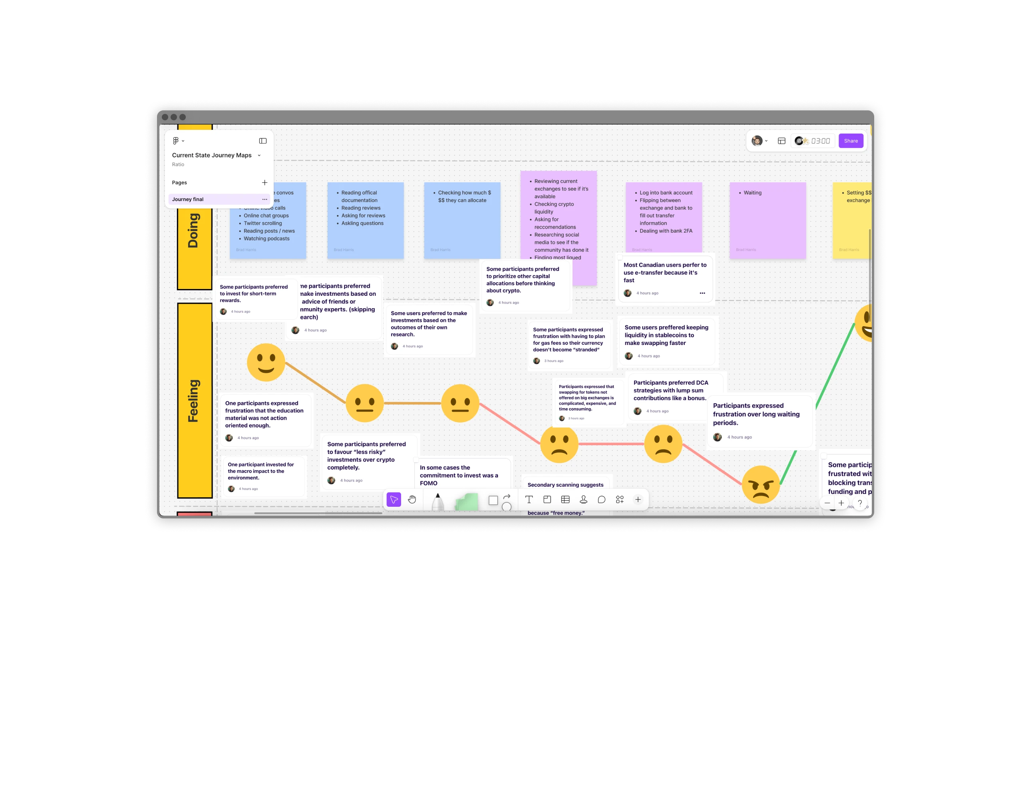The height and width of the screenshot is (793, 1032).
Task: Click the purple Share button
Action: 850,141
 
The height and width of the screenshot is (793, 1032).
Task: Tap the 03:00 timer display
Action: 820,141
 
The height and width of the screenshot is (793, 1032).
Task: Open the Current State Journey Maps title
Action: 211,155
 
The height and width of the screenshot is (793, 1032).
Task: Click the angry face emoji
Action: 760,484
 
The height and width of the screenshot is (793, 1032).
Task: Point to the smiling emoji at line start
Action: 266,362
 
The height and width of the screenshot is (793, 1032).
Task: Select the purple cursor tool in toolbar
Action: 394,499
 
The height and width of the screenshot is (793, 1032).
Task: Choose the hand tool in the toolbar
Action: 412,499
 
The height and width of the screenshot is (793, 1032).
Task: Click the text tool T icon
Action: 529,499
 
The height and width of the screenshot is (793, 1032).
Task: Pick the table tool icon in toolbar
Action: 565,499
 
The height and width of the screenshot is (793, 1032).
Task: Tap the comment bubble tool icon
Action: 602,499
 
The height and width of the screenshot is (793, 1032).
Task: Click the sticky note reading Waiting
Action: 767,221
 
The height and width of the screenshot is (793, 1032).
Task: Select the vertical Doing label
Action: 194,231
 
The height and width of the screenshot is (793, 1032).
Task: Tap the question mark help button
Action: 860,503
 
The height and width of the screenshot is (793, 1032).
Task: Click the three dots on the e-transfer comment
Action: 702,293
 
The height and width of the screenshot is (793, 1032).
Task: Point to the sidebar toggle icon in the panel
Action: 263,141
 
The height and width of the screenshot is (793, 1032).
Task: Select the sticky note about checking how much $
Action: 461,221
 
